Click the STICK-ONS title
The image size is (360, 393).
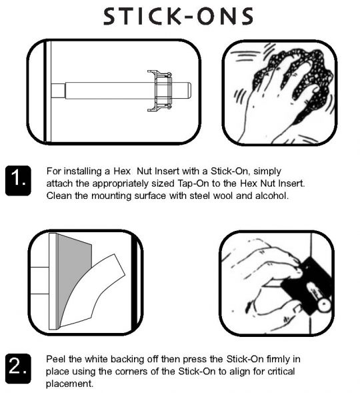(178, 16)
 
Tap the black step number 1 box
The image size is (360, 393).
(18, 180)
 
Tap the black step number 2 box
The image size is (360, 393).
(18, 368)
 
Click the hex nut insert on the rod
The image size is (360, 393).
(160, 91)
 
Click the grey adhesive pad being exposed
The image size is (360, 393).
(73, 271)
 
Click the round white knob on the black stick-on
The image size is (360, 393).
(324, 305)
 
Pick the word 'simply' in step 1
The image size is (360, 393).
(267, 171)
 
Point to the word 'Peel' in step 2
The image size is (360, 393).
(55, 359)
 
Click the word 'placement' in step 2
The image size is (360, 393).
(69, 384)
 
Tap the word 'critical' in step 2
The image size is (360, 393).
(280, 371)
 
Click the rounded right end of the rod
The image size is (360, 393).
(189, 91)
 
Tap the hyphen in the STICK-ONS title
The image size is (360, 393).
(187, 17)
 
